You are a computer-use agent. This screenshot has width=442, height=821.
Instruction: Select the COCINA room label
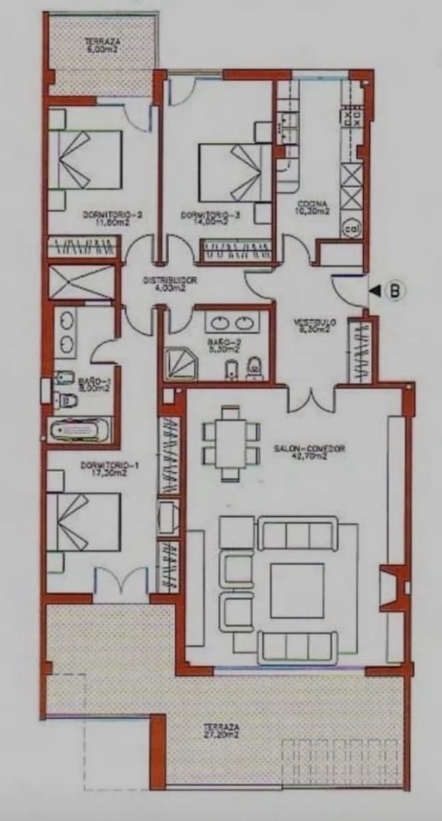313,207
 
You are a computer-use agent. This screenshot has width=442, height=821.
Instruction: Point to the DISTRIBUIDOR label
170,284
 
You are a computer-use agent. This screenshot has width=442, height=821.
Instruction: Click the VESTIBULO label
315,325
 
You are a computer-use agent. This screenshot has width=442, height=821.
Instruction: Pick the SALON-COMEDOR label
309,452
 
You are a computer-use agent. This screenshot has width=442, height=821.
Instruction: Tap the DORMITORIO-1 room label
109,469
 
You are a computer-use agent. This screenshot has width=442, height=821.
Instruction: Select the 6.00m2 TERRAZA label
102,44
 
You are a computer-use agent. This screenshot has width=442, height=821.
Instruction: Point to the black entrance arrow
375,291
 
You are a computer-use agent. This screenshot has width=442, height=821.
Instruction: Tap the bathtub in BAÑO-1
80,431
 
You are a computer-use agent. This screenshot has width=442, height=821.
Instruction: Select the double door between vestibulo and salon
311,399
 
